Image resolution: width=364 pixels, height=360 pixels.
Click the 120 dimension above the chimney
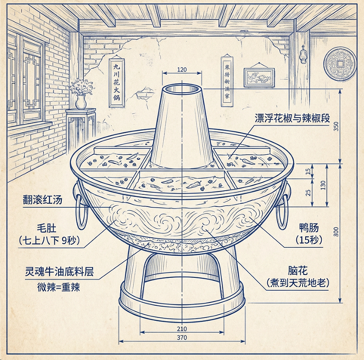182,70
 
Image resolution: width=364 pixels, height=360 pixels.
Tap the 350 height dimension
336,126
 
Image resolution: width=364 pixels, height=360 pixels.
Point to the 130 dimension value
323,185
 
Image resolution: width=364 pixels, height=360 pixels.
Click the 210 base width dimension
182,329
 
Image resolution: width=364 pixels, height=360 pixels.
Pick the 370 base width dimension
182,337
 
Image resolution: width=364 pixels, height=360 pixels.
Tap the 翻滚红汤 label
43,200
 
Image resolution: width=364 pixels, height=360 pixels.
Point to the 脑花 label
298,270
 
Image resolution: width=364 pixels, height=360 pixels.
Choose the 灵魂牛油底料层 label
59,272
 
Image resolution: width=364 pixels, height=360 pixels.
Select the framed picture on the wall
259,77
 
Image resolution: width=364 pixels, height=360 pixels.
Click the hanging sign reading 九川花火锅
116,83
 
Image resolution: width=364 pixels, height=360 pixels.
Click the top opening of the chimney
182,89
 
